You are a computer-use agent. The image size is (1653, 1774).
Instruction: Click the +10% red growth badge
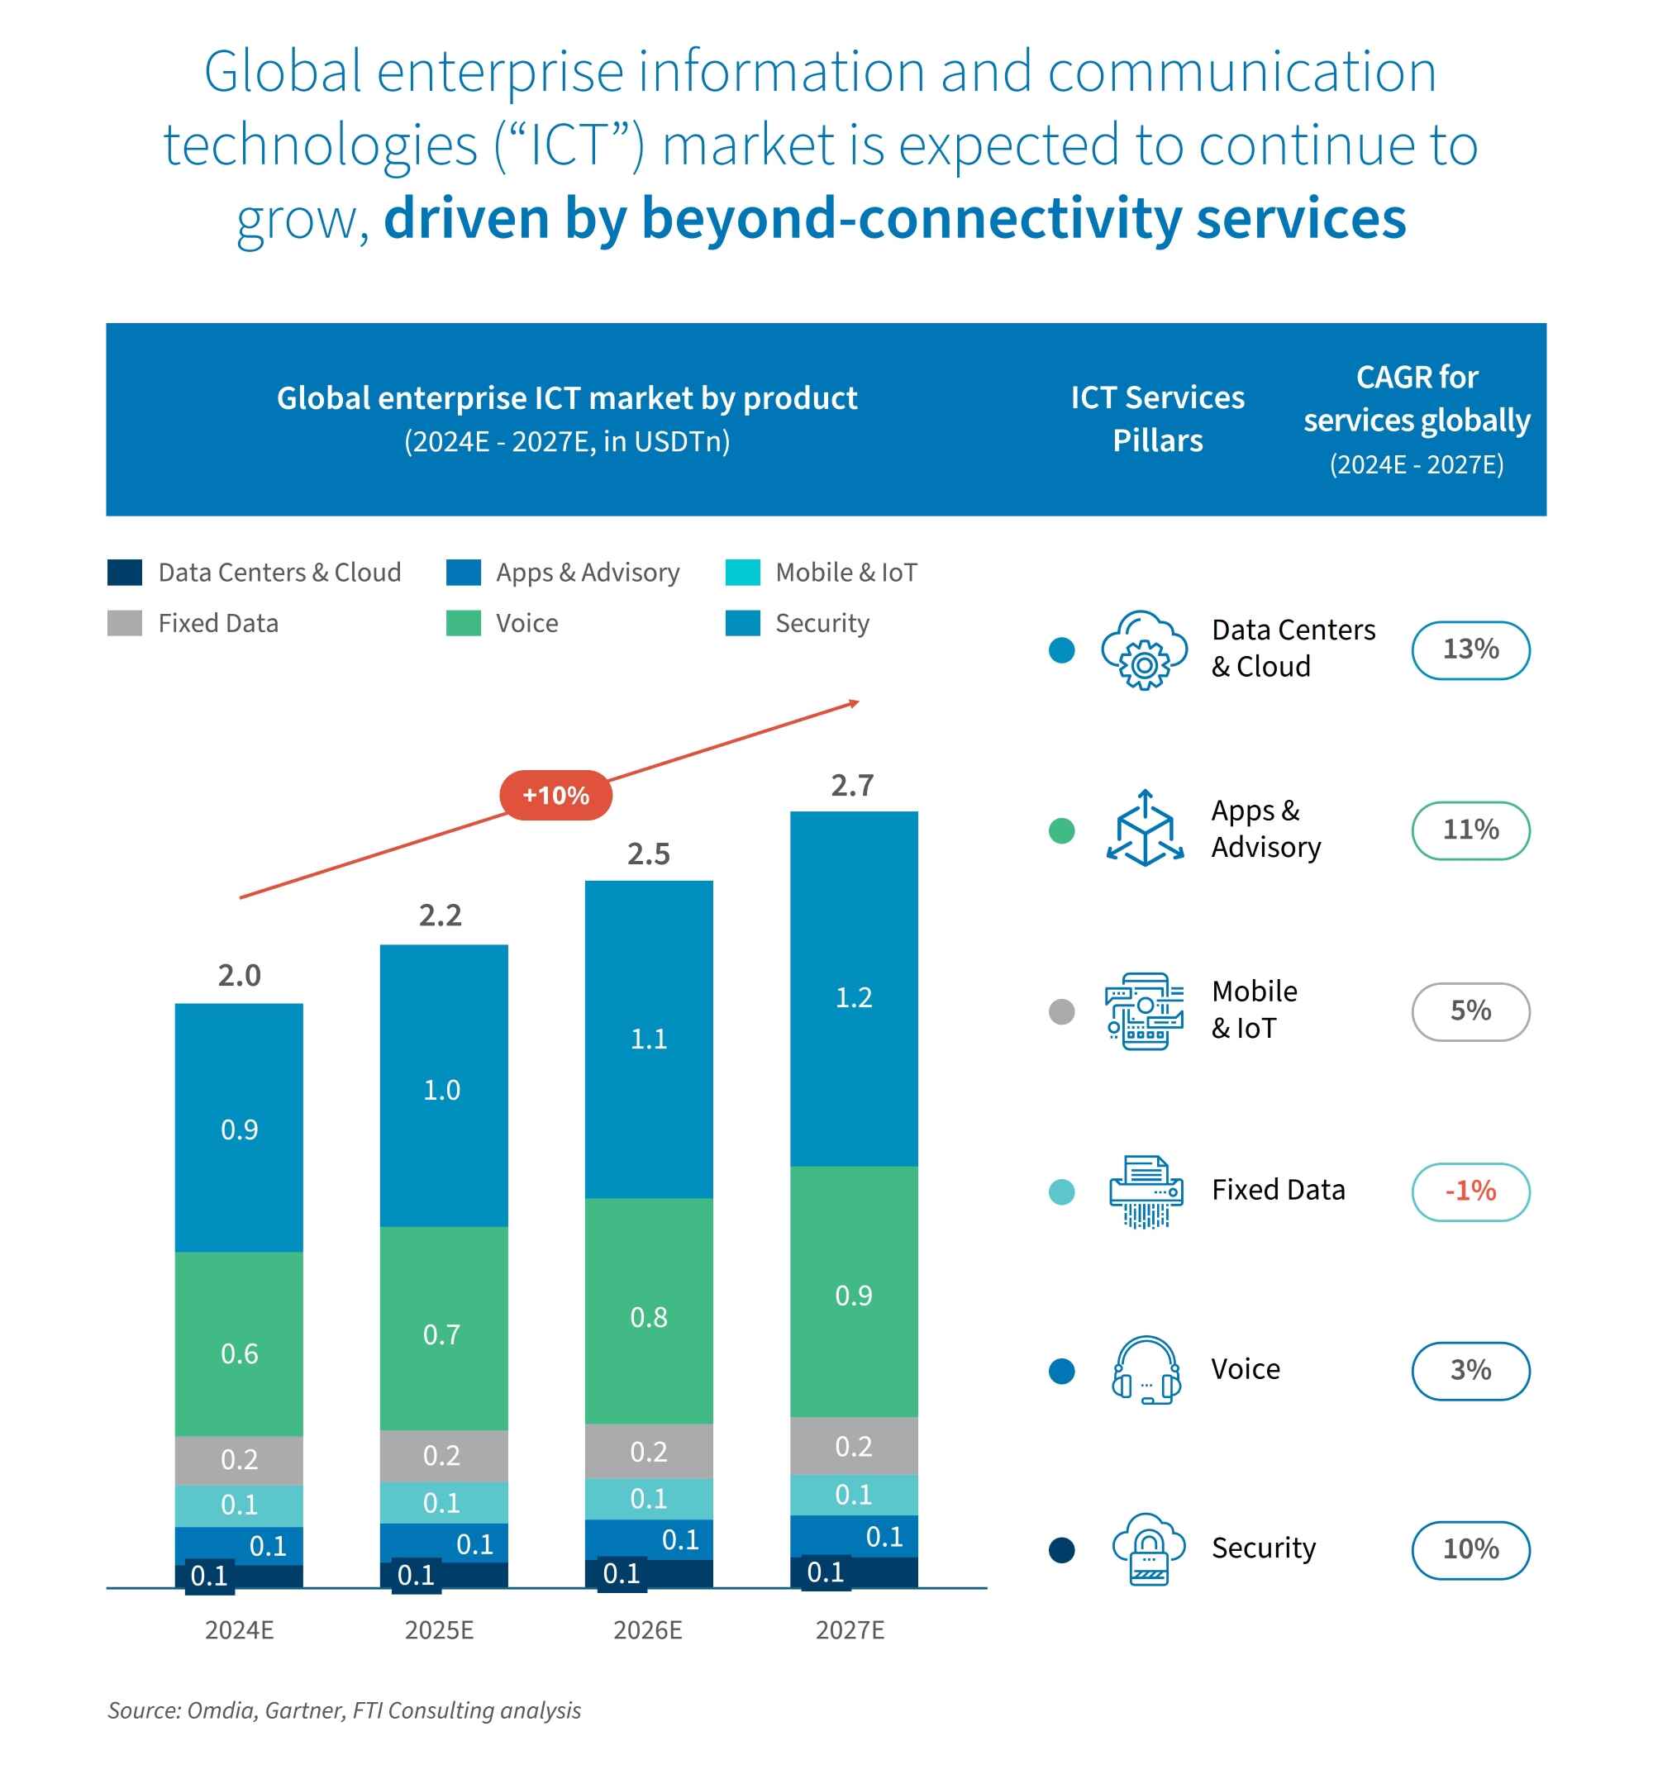pyautogui.click(x=555, y=794)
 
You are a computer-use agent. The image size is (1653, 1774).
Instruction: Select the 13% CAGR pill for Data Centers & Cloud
pyautogui.click(x=1470, y=649)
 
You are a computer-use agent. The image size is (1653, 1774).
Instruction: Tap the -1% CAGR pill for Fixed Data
pyautogui.click(x=1470, y=1191)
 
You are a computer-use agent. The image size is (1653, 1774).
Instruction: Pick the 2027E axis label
pyautogui.click(x=850, y=1629)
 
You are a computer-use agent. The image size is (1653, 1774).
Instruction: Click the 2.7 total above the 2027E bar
pyautogui.click(x=852, y=784)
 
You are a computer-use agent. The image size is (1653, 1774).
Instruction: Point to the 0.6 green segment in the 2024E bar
pyautogui.click(x=239, y=1353)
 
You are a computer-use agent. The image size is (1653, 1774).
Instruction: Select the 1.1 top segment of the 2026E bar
pyautogui.click(x=648, y=1038)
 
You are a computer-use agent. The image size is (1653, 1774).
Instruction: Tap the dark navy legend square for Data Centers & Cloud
pyautogui.click(x=124, y=572)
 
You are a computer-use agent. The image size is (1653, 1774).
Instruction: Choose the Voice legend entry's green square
pyautogui.click(x=463, y=623)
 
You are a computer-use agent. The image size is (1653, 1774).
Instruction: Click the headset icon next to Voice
pyautogui.click(x=1146, y=1369)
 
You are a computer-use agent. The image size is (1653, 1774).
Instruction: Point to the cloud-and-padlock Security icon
pyautogui.click(x=1147, y=1548)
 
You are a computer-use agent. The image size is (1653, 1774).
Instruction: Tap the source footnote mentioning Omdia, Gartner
pyautogui.click(x=344, y=1710)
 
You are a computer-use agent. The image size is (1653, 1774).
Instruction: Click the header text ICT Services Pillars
pyautogui.click(x=1157, y=419)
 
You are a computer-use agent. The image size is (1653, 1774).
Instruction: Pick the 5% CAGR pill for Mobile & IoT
pyautogui.click(x=1470, y=1011)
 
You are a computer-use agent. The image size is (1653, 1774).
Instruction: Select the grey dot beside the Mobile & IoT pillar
pyautogui.click(x=1060, y=1011)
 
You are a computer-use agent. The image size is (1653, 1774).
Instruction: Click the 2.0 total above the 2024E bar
pyautogui.click(x=239, y=974)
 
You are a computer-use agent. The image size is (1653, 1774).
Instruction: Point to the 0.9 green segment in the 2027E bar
pyautogui.click(x=853, y=1295)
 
